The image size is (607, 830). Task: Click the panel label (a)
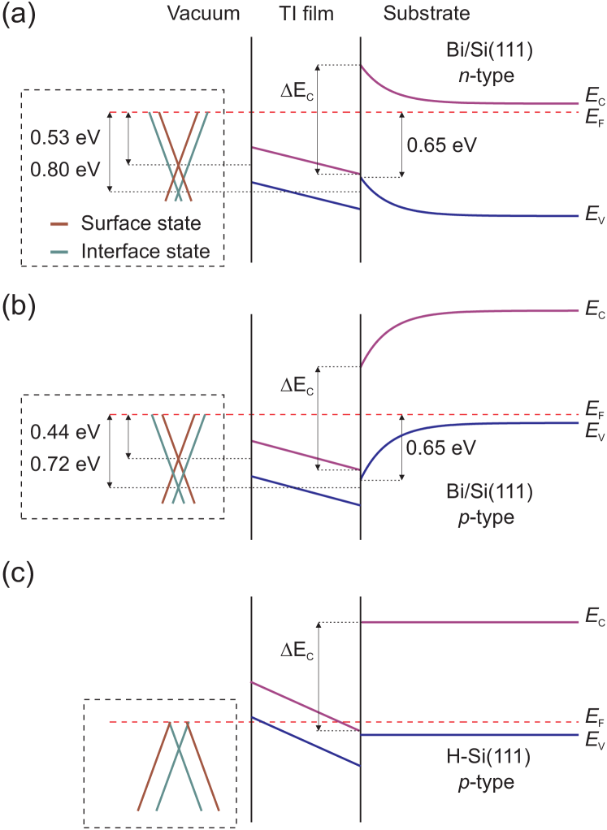point(18,15)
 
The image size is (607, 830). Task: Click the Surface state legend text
point(141,223)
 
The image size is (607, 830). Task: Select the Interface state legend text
point(145,252)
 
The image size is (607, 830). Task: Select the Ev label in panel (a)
point(592,216)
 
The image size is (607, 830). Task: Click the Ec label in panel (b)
point(592,311)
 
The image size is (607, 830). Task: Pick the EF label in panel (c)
point(592,718)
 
